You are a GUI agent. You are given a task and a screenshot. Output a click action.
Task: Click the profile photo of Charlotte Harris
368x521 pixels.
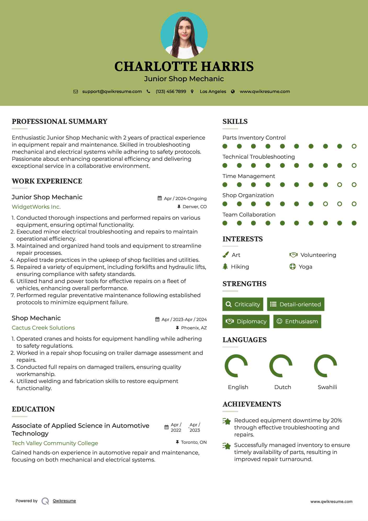[184, 35]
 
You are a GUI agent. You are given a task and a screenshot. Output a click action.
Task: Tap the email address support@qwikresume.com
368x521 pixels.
[112, 91]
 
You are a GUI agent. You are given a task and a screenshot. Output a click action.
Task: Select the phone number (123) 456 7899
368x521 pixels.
[171, 91]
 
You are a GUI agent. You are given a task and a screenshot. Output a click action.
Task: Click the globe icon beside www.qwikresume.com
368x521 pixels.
[233, 91]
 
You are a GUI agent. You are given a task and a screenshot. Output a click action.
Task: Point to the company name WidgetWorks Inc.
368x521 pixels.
[36, 207]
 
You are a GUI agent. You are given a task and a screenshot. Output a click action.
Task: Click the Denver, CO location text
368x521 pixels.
[195, 207]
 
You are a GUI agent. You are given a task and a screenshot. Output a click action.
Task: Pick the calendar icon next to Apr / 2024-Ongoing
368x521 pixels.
[160, 198]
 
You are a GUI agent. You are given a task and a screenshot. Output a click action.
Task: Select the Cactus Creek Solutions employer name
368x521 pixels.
[43, 328]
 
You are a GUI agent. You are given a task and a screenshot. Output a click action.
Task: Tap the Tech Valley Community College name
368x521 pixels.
[55, 443]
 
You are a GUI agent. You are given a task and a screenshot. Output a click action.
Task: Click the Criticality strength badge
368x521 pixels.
[243, 304]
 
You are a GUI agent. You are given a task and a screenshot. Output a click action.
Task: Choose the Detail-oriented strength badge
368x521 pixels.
[296, 304]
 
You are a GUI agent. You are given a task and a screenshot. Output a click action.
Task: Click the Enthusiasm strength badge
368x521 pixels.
[297, 322]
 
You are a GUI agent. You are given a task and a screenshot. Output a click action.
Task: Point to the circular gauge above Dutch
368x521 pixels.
[281, 366]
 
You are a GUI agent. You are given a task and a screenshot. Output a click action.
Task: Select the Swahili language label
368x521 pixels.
[327, 387]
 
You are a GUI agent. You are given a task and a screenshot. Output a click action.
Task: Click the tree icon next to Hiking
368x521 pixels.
[225, 267]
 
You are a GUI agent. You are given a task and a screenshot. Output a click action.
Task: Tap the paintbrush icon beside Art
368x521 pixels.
[225, 255]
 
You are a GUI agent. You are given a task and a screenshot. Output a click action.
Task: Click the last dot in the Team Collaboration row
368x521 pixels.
[354, 223]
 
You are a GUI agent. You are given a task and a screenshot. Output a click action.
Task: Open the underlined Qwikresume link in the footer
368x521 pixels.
[64, 501]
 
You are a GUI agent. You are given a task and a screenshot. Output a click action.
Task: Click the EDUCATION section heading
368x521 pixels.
[33, 409]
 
